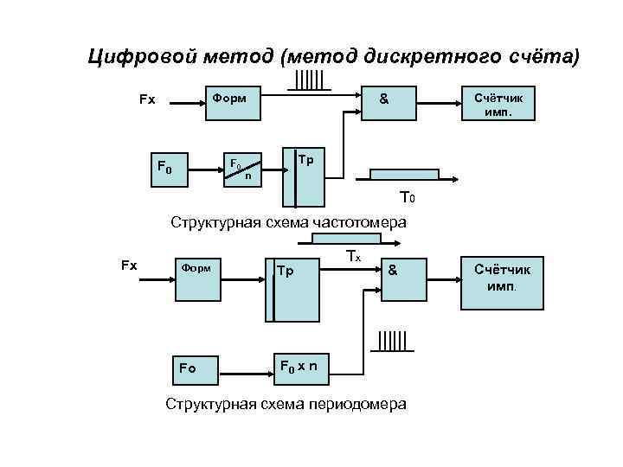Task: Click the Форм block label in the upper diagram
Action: [229, 98]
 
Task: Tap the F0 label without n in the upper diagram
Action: [163, 166]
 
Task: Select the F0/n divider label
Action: [241, 167]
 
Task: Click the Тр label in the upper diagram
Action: [305, 161]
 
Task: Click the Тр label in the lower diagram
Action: [286, 271]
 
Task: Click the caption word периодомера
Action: [356, 404]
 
